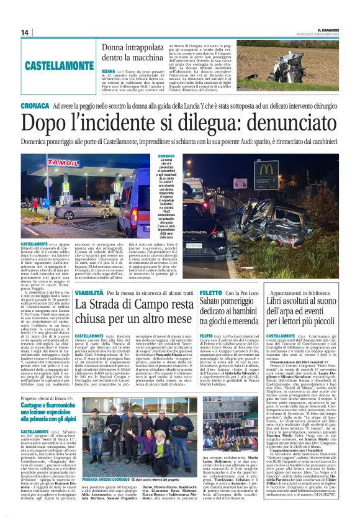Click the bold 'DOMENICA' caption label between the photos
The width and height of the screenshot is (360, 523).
tap(150, 156)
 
